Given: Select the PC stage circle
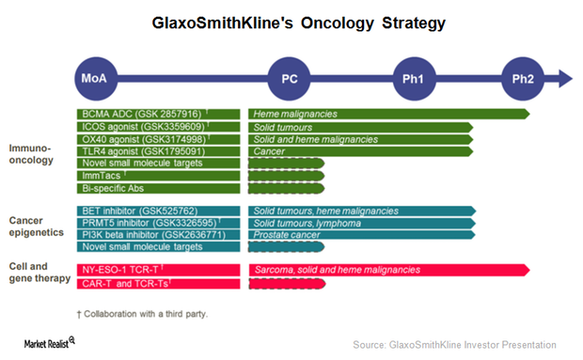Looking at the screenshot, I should [x=290, y=78].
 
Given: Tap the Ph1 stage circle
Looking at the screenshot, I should [x=414, y=78].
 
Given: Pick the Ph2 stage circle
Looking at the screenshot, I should [x=523, y=78].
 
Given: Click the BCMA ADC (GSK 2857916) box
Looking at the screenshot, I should [x=158, y=114].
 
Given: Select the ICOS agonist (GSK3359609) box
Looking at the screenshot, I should [x=158, y=126].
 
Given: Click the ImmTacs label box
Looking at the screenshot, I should [x=158, y=175].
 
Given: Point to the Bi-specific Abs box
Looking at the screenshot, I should [x=158, y=187].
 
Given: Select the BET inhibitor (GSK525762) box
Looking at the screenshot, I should [x=158, y=211].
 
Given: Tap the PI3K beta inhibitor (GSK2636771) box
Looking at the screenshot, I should [x=158, y=235].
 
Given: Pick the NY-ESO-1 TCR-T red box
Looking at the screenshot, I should [x=158, y=270].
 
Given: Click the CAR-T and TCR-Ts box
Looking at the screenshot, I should [x=158, y=282].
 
